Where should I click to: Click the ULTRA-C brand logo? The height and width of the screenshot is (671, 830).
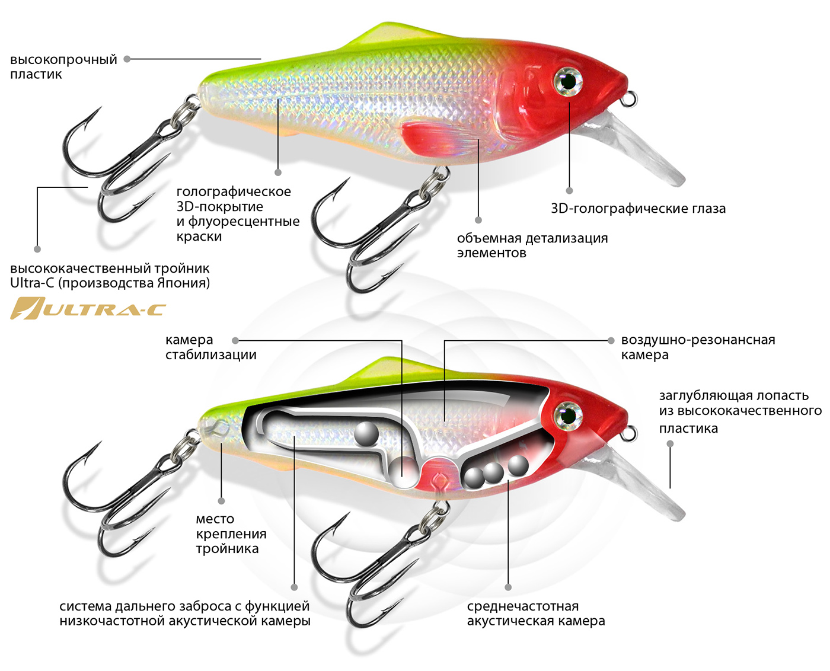point(88,309)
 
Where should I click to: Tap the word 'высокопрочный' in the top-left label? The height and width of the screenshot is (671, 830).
point(63,60)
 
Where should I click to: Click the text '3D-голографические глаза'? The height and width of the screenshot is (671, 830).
point(638,209)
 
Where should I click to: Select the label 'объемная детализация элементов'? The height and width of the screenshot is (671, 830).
point(532,245)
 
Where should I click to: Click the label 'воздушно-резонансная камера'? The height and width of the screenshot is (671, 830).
point(698,347)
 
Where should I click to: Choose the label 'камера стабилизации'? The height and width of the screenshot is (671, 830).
point(210,347)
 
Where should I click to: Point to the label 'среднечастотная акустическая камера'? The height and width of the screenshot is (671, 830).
point(535,614)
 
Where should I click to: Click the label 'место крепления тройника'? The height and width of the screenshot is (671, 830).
point(231,533)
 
